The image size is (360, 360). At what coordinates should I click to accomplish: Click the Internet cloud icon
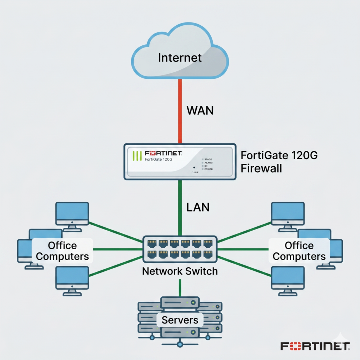click(180, 53)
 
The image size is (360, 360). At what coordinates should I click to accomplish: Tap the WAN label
click(200, 110)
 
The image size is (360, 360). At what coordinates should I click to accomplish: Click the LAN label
click(198, 207)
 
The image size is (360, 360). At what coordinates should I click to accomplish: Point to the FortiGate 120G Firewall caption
click(279, 162)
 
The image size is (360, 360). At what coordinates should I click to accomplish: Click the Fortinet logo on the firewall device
click(163, 153)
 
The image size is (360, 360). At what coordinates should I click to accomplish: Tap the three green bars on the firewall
click(136, 156)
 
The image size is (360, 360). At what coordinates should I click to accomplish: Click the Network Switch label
click(180, 271)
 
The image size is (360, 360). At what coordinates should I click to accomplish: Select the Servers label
click(180, 320)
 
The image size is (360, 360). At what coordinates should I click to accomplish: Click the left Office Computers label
click(62, 251)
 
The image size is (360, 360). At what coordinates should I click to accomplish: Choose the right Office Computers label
click(299, 251)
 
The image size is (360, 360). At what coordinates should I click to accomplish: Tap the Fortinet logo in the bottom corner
click(315, 346)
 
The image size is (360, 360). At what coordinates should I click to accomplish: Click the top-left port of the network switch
click(152, 243)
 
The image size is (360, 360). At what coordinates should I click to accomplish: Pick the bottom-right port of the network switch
click(208, 254)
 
